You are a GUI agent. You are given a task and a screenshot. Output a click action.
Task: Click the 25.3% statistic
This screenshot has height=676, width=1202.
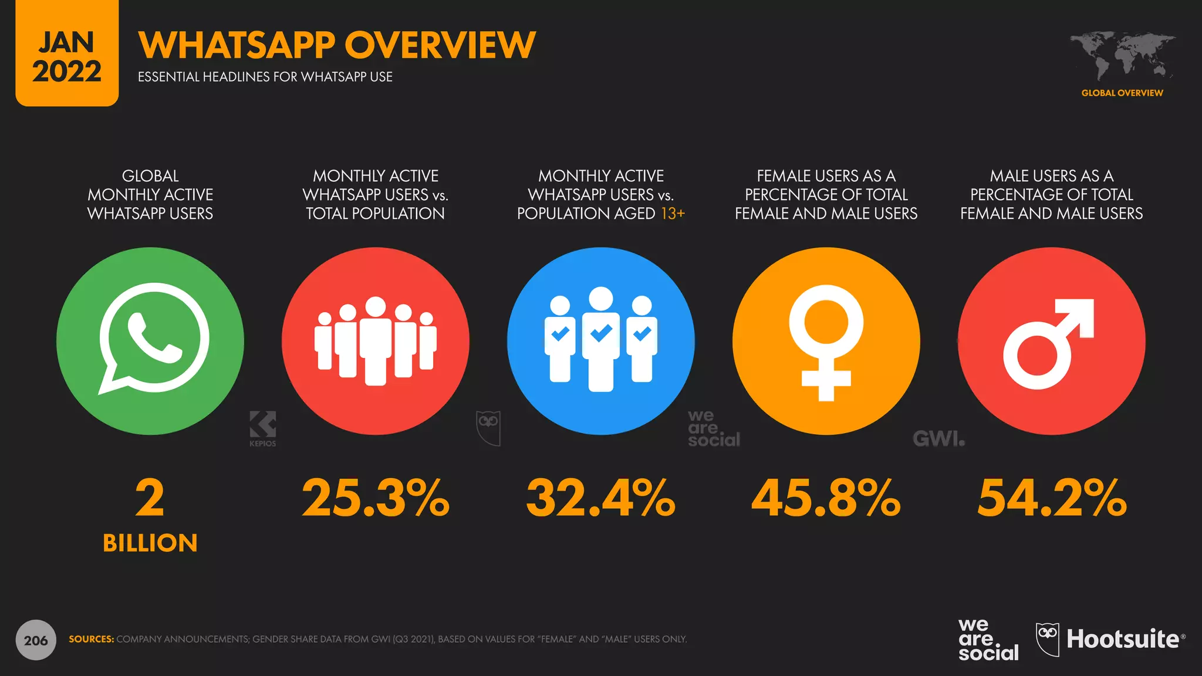(376, 498)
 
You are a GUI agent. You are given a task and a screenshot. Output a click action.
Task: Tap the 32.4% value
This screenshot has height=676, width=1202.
(600, 498)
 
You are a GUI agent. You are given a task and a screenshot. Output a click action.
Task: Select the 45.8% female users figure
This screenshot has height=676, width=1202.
(826, 498)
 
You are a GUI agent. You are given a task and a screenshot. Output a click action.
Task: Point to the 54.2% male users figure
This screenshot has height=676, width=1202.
(1051, 498)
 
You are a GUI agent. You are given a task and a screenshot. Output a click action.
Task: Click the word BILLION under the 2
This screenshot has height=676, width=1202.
(150, 543)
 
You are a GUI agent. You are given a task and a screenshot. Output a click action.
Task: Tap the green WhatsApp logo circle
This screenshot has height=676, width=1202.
(150, 341)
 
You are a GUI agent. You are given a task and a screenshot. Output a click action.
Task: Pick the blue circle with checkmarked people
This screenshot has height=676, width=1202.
(600, 341)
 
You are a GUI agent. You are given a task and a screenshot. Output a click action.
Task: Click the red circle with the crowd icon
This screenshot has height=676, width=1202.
(376, 341)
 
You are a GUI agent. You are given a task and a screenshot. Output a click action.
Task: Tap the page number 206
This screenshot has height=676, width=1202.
(36, 640)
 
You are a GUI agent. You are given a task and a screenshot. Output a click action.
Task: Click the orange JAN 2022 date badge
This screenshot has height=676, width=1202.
(67, 56)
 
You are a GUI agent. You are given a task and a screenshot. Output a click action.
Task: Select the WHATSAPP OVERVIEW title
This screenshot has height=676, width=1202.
(337, 45)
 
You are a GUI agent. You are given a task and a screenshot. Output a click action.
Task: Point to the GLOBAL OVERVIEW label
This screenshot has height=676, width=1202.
(1122, 93)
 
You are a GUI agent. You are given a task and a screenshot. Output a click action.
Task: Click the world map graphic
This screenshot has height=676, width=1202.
(1122, 56)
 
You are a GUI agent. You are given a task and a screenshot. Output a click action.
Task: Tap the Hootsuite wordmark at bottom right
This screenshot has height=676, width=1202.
(1122, 639)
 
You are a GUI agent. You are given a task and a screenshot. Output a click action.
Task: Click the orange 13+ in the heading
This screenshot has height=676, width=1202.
(673, 214)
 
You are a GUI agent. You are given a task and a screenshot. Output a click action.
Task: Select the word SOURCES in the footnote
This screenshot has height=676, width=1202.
(91, 639)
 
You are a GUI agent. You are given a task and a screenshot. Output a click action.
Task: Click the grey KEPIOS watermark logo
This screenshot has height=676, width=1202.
(262, 429)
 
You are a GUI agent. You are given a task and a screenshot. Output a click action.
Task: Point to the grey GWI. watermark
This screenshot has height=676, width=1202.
(938, 438)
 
